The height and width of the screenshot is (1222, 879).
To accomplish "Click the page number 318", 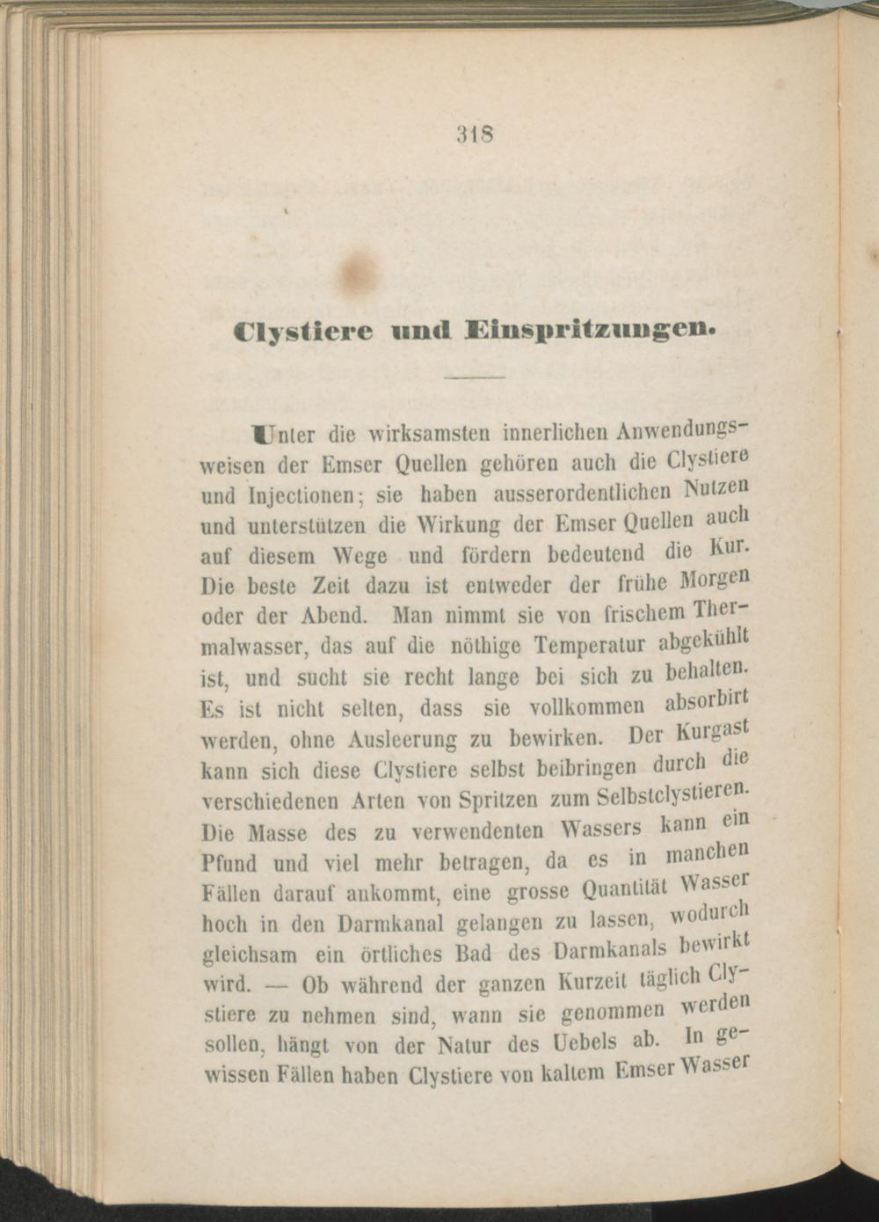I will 473,136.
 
